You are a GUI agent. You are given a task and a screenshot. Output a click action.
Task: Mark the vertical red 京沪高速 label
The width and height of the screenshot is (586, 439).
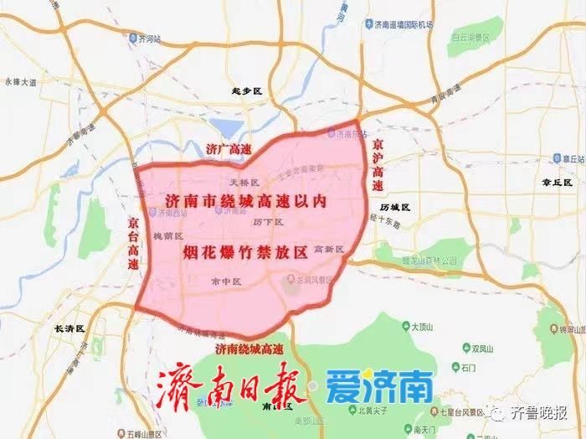(378, 161)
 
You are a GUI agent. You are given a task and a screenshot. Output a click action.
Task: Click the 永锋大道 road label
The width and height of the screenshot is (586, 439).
(21, 82)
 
